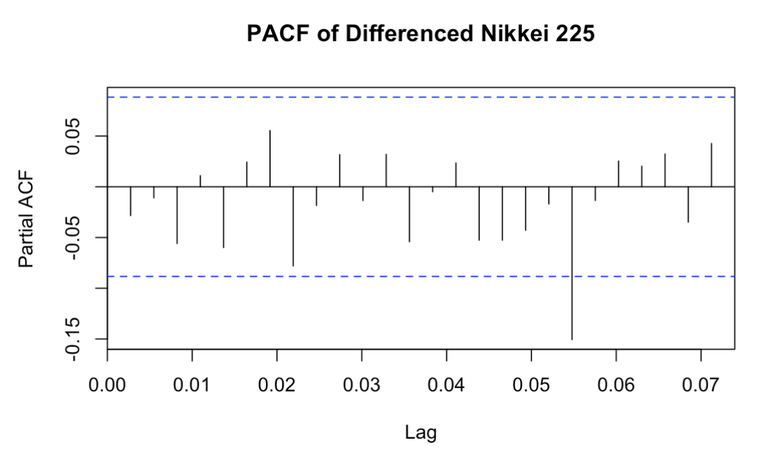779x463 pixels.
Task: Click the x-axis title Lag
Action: [x=421, y=433]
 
